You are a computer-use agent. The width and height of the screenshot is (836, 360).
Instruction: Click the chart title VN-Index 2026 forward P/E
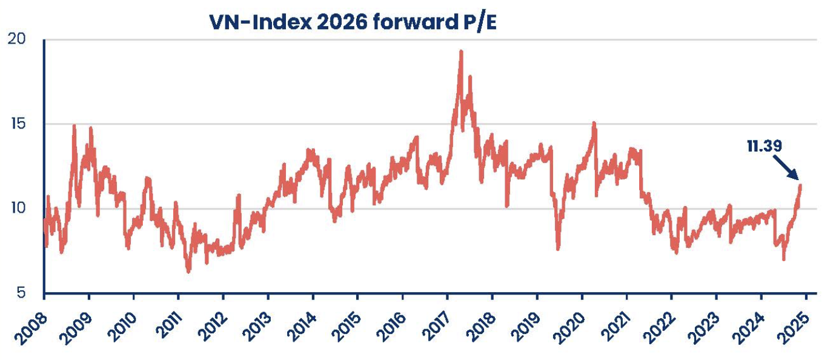[x=352, y=22]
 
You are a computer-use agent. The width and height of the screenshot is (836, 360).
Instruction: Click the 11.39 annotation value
[x=765, y=146]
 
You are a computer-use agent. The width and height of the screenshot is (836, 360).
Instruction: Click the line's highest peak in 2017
[x=461, y=52]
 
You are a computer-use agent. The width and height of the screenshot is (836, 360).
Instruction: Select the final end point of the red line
[x=800, y=185]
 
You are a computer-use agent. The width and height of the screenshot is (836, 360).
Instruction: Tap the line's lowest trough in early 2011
[x=188, y=271]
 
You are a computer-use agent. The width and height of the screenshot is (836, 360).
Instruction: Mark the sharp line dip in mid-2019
[x=558, y=248]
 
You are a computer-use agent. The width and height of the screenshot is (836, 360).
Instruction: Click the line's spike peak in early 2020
[x=594, y=123]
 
